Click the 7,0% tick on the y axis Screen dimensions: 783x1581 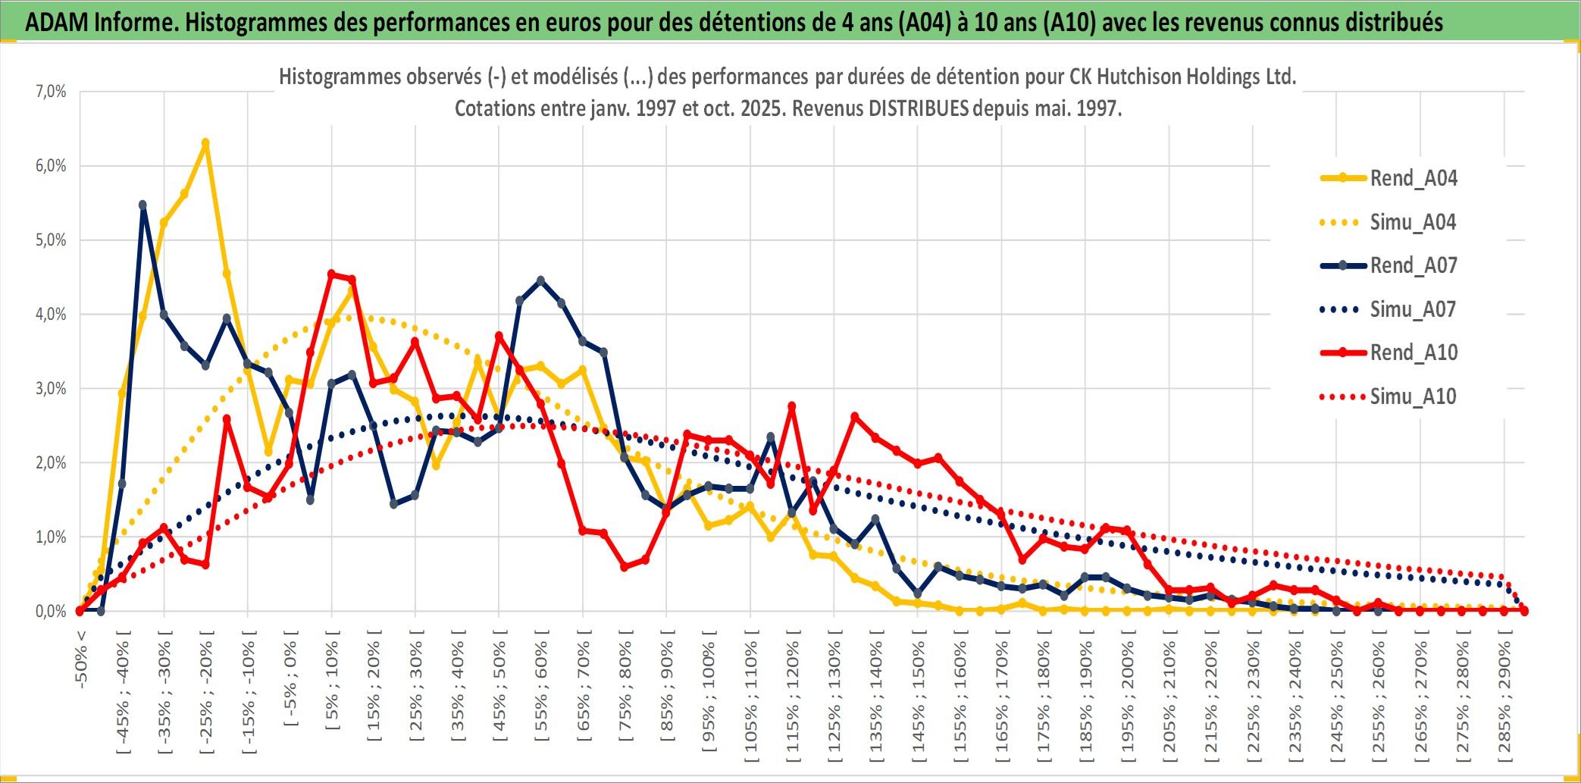pyautogui.click(x=51, y=92)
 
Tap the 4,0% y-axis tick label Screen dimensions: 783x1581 pyautogui.click(x=51, y=314)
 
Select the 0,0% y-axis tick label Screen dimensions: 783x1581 pyautogui.click(x=51, y=611)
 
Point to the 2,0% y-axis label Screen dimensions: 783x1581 pyautogui.click(x=51, y=462)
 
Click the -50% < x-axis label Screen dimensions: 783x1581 pyautogui.click(x=81, y=659)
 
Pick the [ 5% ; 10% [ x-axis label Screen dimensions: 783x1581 pyautogui.click(x=332, y=686)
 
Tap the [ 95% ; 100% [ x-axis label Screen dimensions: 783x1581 pyautogui.click(x=709, y=696)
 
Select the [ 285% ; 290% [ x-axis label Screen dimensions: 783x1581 pyautogui.click(x=1504, y=701)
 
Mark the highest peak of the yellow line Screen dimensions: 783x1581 pyautogui.click(x=205, y=143)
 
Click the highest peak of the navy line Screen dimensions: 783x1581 pyautogui.click(x=142, y=205)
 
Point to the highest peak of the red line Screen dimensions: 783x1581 pyautogui.click(x=331, y=274)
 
